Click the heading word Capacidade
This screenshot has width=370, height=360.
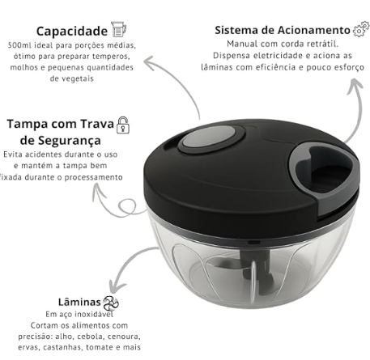coord(72,32)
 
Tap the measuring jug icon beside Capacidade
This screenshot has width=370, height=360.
coord(118,29)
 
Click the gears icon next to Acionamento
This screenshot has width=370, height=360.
coord(361,29)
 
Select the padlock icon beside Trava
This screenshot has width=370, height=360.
coord(123,125)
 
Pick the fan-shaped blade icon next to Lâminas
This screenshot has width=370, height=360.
coord(111,303)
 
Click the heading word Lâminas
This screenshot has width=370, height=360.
coord(79,302)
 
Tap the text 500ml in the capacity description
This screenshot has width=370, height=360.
coord(17,45)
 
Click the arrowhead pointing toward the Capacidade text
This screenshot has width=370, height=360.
coord(149,62)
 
